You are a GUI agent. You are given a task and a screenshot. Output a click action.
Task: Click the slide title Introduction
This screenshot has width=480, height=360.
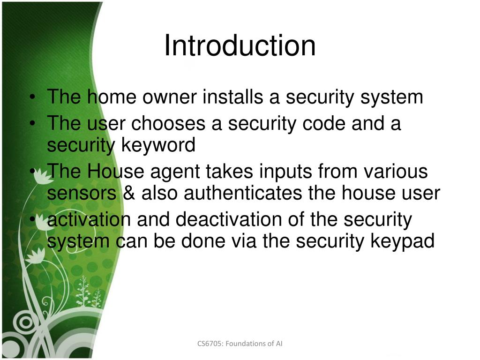240,46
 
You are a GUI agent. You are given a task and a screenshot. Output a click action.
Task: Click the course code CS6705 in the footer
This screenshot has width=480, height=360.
210,344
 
